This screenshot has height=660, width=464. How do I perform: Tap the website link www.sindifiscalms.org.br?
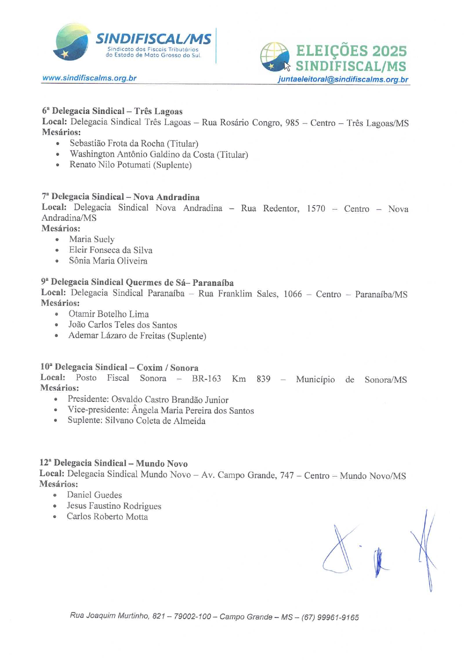[x=89, y=78]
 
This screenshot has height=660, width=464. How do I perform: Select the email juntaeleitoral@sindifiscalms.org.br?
[x=343, y=80]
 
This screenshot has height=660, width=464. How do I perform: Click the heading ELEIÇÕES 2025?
[x=351, y=51]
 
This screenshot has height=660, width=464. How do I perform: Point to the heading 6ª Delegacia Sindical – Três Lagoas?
[x=112, y=111]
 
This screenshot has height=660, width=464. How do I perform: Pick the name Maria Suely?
[x=92, y=239]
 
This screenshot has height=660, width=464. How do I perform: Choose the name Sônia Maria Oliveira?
[x=108, y=261]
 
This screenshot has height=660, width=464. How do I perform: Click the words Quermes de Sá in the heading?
[x=155, y=283]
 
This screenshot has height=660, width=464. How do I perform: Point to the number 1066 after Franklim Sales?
[x=292, y=294]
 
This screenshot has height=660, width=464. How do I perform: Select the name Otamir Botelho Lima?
[x=109, y=314]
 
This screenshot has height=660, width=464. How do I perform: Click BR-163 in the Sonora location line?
[x=206, y=379]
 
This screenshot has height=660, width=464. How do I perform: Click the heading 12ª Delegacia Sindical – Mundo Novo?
[x=113, y=463]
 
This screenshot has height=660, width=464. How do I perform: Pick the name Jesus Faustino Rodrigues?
[x=114, y=506]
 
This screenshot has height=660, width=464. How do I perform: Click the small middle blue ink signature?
[x=379, y=562]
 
